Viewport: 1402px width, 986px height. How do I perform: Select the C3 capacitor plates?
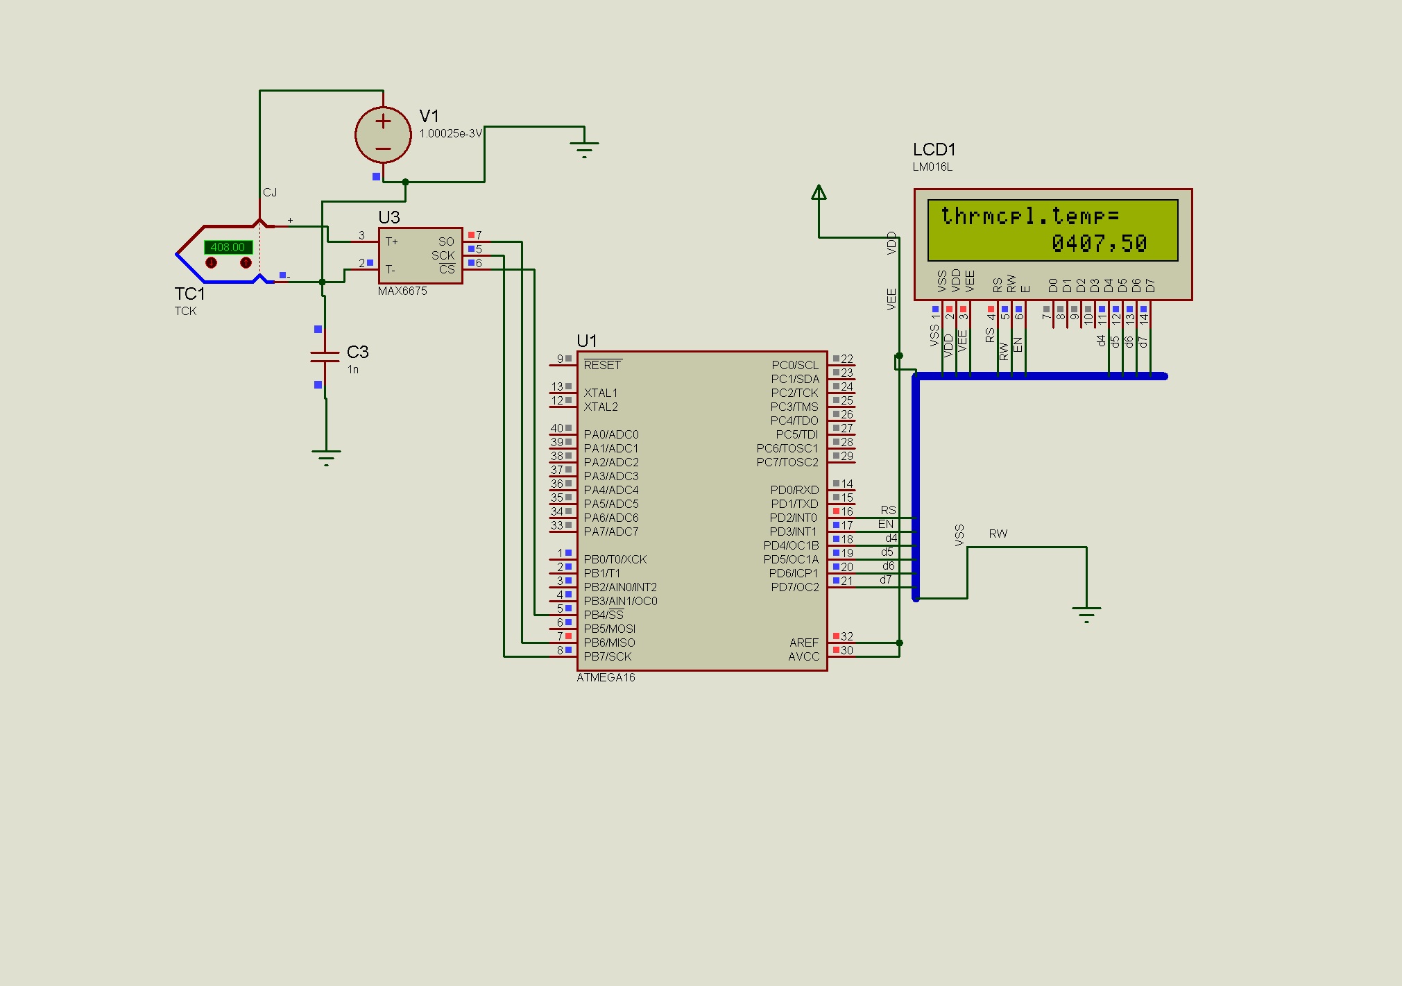pyautogui.click(x=325, y=357)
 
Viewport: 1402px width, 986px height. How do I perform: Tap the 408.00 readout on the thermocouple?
pyautogui.click(x=228, y=247)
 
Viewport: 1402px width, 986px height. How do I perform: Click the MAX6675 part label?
pyautogui.click(x=402, y=291)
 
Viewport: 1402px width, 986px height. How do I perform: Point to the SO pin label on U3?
pyautogui.click(x=446, y=241)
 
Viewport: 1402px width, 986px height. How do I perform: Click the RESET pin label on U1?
pyautogui.click(x=602, y=365)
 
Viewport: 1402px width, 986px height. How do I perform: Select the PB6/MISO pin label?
pyautogui.click(x=609, y=643)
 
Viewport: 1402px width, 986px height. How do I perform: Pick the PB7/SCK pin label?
pyautogui.click(x=608, y=656)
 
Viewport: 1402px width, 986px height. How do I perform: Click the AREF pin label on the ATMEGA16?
pyautogui.click(x=804, y=643)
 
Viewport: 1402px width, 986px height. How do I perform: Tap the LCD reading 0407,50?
pyautogui.click(x=1099, y=244)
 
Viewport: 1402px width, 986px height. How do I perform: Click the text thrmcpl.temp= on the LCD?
pyautogui.click(x=1029, y=216)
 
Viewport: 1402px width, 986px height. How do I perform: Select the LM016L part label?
pyautogui.click(x=932, y=167)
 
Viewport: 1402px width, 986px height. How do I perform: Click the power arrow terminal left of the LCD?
pyautogui.click(x=819, y=192)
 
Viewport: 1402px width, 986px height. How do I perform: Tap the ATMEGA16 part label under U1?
pyautogui.click(x=606, y=678)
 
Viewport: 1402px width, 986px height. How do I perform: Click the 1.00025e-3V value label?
pyautogui.click(x=450, y=134)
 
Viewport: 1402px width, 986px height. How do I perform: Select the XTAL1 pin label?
pyautogui.click(x=601, y=393)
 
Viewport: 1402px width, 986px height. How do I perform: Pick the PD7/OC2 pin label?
pyautogui.click(x=795, y=587)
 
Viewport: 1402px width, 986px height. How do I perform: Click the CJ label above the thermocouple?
pyautogui.click(x=270, y=193)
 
